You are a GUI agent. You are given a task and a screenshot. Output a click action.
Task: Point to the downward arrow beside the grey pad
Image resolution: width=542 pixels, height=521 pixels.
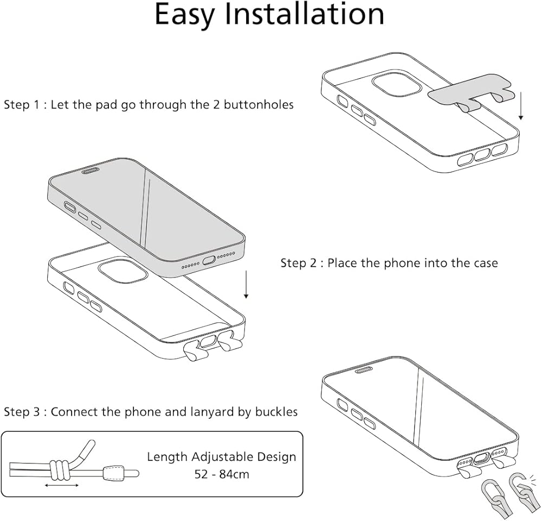click(x=521, y=106)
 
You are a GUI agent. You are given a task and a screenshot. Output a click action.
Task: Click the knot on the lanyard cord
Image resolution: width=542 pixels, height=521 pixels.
click(x=59, y=467)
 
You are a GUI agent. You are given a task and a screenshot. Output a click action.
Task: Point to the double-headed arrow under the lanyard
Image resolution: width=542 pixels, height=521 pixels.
click(x=61, y=485)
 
